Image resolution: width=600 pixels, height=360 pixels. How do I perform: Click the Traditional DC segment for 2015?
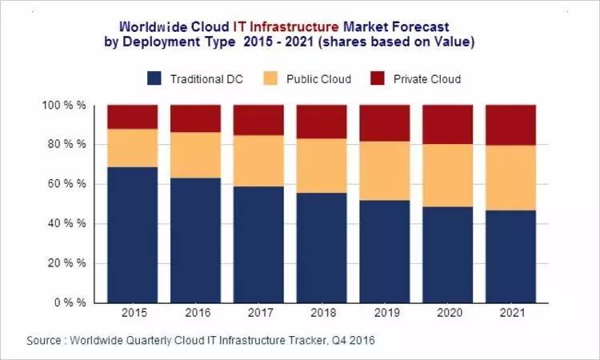[132, 234]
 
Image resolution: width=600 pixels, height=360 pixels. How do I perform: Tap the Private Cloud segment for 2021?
[510, 125]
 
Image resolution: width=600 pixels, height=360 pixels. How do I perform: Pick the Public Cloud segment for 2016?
[195, 154]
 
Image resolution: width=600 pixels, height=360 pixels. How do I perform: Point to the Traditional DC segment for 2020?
[447, 254]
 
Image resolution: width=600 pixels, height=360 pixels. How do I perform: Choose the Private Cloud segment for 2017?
[258, 120]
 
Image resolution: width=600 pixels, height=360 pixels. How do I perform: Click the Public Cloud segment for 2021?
[510, 178]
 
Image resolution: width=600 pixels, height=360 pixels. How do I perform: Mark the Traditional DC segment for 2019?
[384, 251]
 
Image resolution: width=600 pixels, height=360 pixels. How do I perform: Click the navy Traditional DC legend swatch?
[155, 78]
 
